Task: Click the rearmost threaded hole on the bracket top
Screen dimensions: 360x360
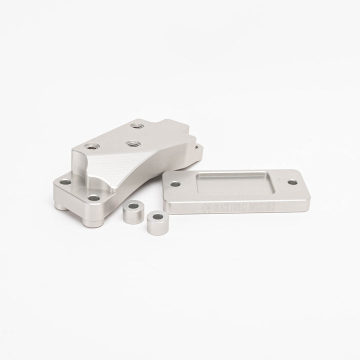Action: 135,126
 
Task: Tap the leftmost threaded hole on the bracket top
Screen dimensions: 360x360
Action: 91,146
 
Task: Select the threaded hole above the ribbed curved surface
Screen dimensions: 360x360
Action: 132,144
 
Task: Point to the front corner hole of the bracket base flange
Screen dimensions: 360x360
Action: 93,198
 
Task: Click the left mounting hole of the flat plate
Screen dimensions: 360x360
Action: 175,184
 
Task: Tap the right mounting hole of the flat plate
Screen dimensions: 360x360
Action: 291,182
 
